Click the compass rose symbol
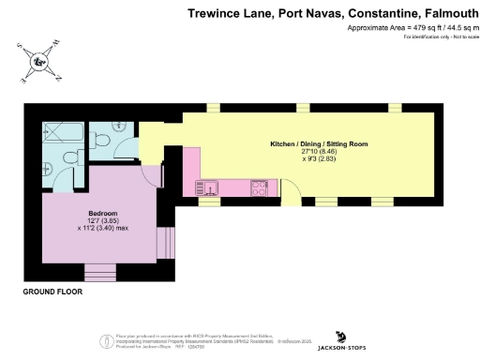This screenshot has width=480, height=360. coord(38,63)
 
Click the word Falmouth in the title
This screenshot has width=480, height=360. coord(440,14)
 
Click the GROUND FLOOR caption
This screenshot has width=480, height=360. coord(52,292)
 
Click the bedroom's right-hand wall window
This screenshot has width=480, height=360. coord(168,242)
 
